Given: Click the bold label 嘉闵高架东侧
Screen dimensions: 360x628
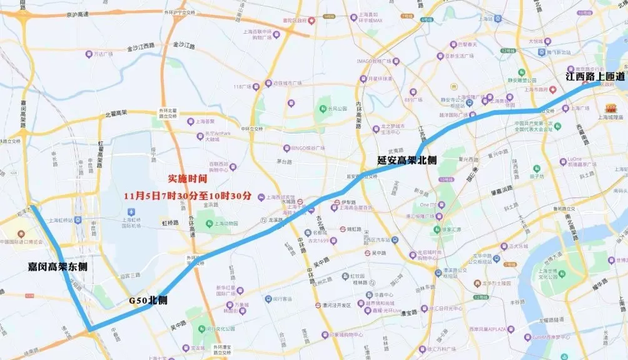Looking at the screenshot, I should [58, 266].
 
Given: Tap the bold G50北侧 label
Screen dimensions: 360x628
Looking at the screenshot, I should [148, 300].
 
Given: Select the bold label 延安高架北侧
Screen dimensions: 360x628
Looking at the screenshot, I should [407, 160].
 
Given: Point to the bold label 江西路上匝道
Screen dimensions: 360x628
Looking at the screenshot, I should [595, 76].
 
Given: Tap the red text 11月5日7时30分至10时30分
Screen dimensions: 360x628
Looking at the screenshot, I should [188, 196].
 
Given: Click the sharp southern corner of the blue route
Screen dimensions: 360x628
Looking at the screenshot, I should [89, 329].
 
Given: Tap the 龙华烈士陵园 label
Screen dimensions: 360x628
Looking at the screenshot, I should [494, 282].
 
